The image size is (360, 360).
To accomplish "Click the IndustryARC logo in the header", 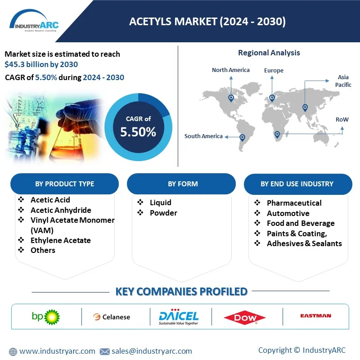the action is coord(34,21).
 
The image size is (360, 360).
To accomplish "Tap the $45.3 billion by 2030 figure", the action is coord(41,64).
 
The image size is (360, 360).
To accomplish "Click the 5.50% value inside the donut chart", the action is coord(138,132).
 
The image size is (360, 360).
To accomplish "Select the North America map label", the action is coord(230,70).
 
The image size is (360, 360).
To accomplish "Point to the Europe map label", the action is coord(274,70).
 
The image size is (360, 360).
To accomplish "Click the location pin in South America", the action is coord(242,138).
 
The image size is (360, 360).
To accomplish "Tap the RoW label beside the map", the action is coord(342,119).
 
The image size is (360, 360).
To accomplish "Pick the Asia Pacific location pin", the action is coord(305,107).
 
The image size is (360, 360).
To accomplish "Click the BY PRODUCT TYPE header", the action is coord(64,184).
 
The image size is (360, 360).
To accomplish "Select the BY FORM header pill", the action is coord(181,184).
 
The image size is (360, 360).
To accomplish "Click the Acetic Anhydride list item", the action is coord(61,210).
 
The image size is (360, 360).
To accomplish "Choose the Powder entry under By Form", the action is coord(163,213).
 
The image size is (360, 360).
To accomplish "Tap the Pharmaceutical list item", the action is coord(294,203).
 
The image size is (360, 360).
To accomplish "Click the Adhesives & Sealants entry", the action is coord(304,243).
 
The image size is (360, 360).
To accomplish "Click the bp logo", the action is coord(46,317).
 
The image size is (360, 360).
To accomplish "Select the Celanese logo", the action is coord(112,317).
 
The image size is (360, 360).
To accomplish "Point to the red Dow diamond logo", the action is coord(245,318).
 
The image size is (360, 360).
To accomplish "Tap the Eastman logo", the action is coord(316,316).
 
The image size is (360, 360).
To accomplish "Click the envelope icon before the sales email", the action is coord(105,351).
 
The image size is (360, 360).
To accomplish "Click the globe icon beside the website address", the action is coord(13,351).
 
